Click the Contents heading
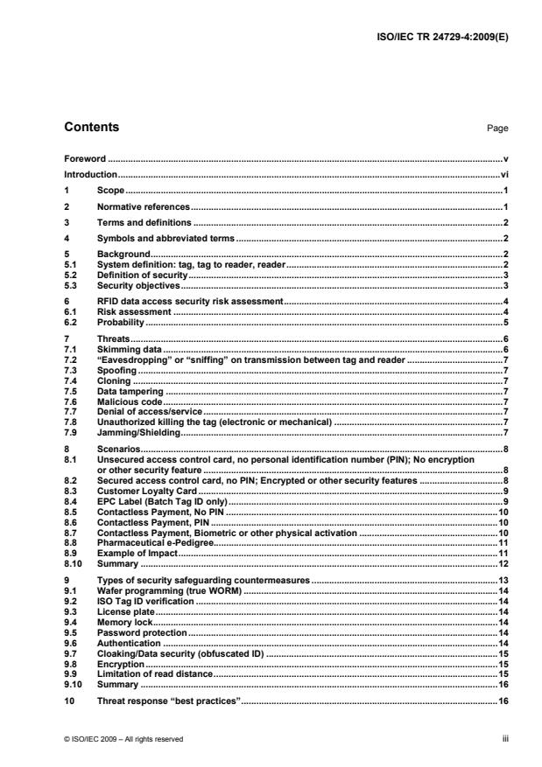(x=92, y=128)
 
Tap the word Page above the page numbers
(x=497, y=129)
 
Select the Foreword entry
(x=85, y=159)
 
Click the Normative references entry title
(x=143, y=206)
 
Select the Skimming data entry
(x=129, y=348)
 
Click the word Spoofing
(x=116, y=369)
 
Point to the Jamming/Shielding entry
(x=138, y=432)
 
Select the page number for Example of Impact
(x=505, y=554)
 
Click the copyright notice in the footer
(x=123, y=739)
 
